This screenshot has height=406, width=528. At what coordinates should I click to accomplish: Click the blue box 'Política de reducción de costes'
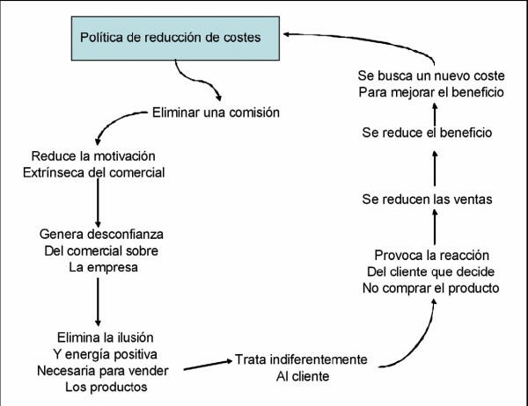tap(175, 39)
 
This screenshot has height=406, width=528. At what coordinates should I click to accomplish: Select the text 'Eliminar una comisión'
tap(216, 112)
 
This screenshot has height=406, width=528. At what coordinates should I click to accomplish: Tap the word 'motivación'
tap(124, 156)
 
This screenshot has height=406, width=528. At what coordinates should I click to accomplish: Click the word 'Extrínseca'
tap(54, 172)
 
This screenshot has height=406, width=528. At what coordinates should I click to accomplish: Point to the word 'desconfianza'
tap(126, 234)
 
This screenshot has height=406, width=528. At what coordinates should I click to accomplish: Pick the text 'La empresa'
tap(103, 267)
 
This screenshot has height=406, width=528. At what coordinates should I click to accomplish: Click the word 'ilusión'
tap(136, 337)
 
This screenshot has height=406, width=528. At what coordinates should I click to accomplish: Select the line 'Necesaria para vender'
tap(103, 371)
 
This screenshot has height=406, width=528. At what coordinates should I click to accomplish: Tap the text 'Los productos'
tap(106, 387)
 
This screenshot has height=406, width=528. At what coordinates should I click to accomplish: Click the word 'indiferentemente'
tap(319, 359)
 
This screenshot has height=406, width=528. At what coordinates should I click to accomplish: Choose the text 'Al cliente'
tap(303, 376)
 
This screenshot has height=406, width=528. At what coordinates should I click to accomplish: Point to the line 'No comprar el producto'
tap(430, 288)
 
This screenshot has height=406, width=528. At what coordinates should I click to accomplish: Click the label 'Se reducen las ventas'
tap(427, 199)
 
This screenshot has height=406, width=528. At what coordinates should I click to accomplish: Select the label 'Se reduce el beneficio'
tap(427, 133)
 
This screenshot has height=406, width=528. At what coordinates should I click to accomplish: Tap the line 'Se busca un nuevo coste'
tap(431, 76)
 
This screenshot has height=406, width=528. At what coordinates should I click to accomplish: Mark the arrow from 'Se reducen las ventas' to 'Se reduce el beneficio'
tap(435, 168)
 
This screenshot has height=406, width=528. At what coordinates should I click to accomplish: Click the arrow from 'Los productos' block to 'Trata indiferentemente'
tap(208, 365)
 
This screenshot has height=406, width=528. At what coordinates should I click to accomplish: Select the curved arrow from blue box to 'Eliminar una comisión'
tap(196, 80)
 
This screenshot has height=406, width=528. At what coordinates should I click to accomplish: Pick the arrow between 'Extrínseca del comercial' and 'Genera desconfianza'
tap(98, 203)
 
